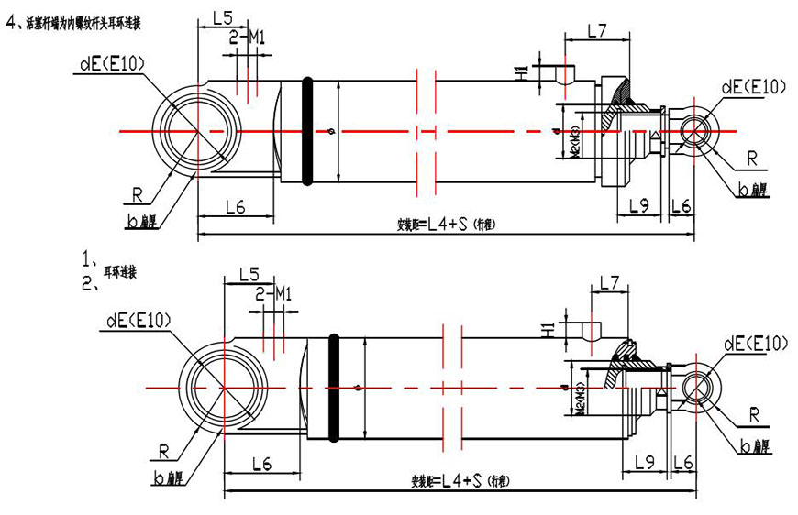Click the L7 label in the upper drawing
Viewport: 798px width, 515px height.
(597, 30)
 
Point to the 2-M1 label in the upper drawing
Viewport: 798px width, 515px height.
(247, 37)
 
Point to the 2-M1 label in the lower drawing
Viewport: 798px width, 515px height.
(272, 293)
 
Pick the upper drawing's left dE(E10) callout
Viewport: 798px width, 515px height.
(113, 63)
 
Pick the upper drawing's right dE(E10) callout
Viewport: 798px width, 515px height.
(754, 87)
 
